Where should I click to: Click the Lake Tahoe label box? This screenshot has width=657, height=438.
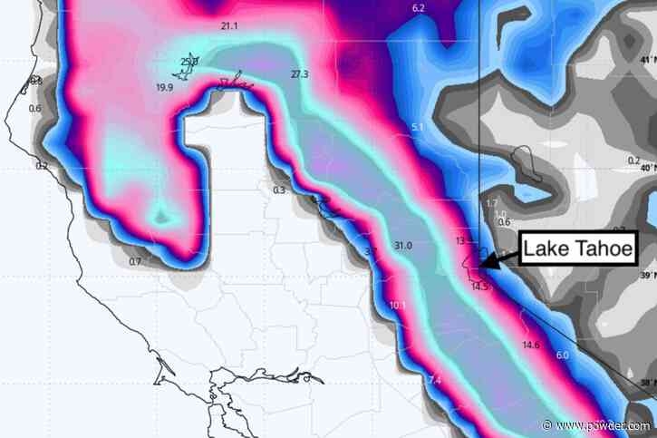577,248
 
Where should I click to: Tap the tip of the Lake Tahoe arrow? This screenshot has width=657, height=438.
481,264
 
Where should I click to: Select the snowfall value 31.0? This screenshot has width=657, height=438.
403,246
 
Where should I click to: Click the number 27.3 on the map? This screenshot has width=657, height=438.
300,73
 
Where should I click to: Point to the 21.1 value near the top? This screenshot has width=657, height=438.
229,26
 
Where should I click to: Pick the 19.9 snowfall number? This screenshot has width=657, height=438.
165,87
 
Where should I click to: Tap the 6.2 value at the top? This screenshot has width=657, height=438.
418,8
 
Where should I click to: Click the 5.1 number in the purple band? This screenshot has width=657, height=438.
417,127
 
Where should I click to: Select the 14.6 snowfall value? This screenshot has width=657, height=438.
531,345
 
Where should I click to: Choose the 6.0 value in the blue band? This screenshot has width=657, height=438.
562,355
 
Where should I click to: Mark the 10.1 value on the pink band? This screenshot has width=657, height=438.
397,306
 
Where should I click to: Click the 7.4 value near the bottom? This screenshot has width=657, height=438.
434,379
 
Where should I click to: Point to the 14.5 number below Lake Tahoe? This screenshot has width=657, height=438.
480,287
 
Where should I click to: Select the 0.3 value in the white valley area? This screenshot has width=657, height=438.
278,190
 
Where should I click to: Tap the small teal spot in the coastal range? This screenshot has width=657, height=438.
161,216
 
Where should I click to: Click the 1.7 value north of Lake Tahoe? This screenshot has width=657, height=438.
492,202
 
